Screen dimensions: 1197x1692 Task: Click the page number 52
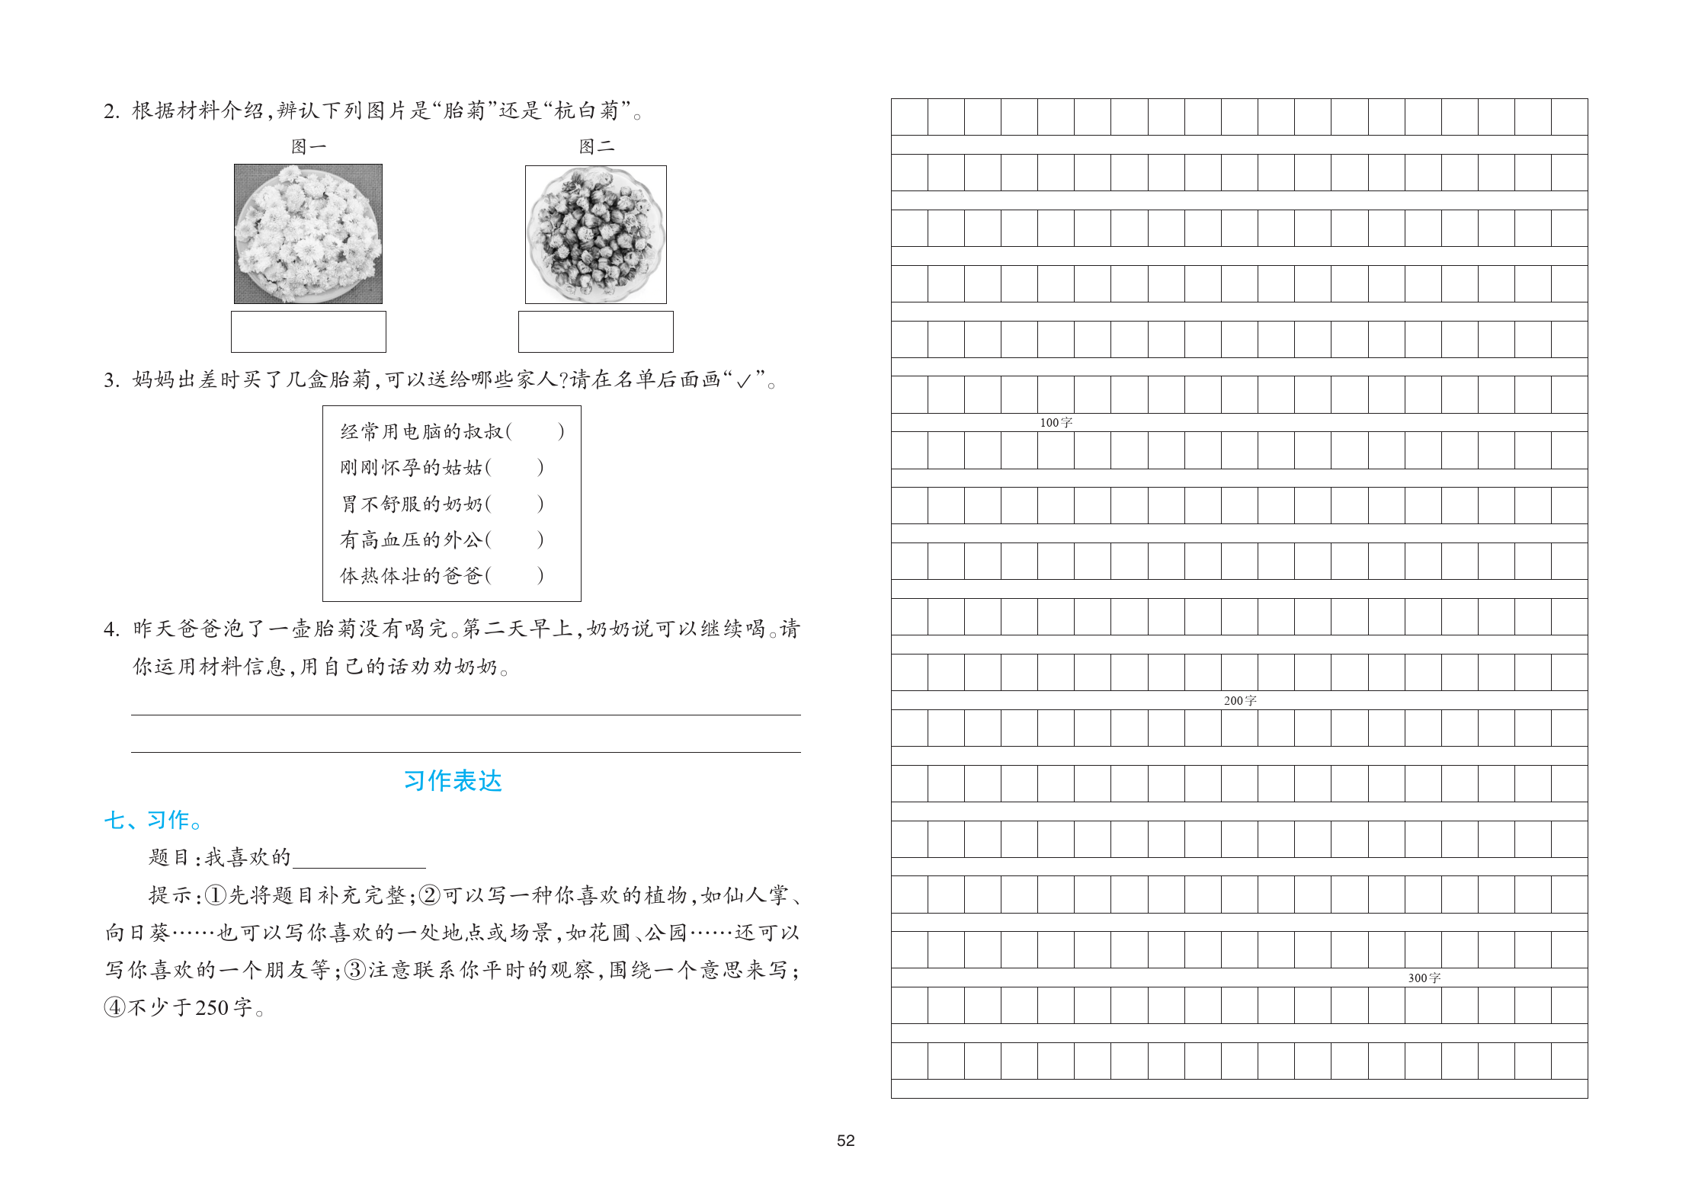(845, 1141)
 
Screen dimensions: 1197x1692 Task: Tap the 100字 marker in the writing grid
(1056, 423)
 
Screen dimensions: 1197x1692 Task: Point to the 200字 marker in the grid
(1239, 701)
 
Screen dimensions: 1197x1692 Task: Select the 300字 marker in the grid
(1424, 978)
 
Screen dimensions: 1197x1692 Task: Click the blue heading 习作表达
(453, 781)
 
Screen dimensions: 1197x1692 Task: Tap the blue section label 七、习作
(153, 821)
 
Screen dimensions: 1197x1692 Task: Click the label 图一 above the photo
(308, 146)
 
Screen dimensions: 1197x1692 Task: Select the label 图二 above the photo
(596, 146)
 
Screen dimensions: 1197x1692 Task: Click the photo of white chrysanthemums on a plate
(308, 234)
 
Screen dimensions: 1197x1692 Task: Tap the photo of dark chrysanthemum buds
(596, 235)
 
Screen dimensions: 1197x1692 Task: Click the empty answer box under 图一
(308, 331)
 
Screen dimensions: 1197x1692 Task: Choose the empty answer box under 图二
(596, 331)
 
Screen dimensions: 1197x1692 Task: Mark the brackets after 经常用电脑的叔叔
(536, 432)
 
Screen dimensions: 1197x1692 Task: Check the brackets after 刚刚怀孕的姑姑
(515, 468)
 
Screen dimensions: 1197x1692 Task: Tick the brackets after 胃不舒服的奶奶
(515, 504)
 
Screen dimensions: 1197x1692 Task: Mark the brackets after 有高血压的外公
(515, 539)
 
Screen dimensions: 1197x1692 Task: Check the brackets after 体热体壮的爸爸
(515, 575)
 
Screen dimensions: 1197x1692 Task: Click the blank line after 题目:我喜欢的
(359, 859)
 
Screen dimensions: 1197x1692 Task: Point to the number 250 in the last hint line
(212, 1008)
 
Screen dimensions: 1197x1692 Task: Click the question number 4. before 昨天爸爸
(111, 629)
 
